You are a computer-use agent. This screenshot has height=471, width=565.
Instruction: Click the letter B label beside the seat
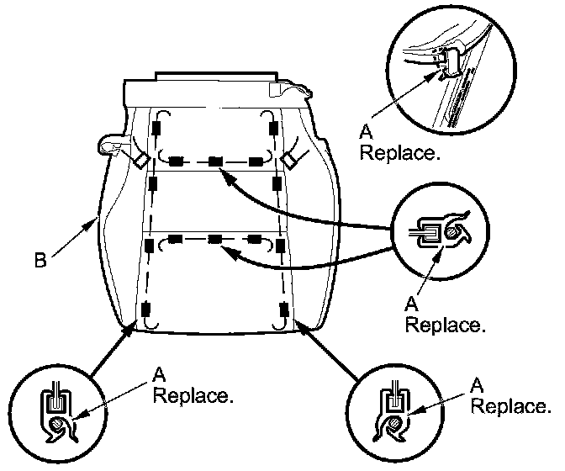click(x=40, y=261)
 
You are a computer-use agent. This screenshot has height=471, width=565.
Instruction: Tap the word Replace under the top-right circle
click(x=400, y=153)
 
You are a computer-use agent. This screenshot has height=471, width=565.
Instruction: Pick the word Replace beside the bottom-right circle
click(x=511, y=406)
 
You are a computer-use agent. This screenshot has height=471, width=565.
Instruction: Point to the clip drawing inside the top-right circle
click(x=449, y=61)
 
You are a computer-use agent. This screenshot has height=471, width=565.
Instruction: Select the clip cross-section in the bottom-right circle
click(x=393, y=415)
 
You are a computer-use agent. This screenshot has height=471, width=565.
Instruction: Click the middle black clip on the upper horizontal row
click(x=215, y=161)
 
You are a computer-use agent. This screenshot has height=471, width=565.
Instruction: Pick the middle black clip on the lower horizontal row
click(x=214, y=239)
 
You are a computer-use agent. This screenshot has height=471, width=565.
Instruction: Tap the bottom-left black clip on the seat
click(x=146, y=310)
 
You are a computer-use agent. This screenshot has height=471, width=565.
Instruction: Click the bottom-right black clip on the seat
click(x=284, y=309)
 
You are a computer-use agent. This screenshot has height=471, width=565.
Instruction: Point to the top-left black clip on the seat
click(x=156, y=128)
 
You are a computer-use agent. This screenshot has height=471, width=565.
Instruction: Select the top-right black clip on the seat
click(x=272, y=128)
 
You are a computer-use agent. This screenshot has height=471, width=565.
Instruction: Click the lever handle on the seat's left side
click(x=111, y=146)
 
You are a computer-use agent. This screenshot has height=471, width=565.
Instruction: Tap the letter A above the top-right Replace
click(x=366, y=132)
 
